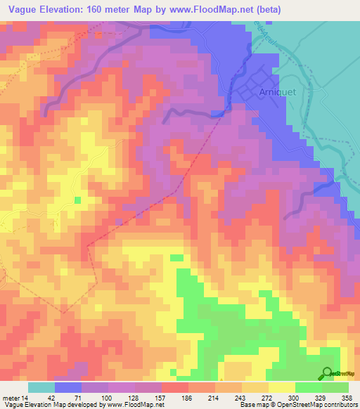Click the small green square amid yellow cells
[77, 200]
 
